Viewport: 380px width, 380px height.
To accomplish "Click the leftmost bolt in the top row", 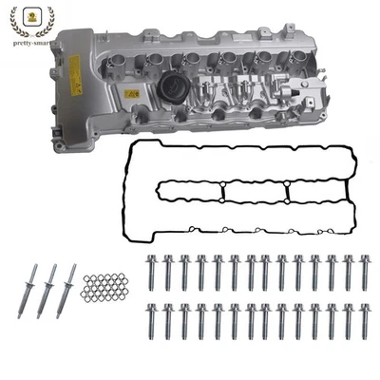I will pyautogui.click(x=151, y=273).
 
